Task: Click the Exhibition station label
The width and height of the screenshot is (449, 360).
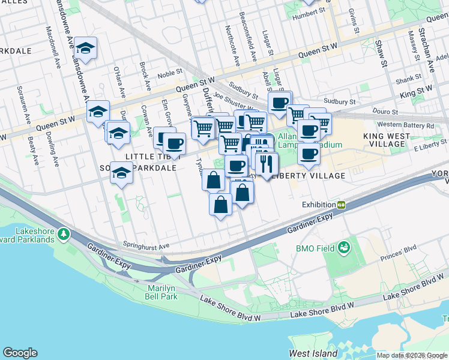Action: coord(318,205)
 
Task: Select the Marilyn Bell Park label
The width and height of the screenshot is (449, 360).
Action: coord(161,292)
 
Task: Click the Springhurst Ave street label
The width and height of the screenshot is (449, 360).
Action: coord(146,245)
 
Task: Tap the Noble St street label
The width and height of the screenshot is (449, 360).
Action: coord(170,75)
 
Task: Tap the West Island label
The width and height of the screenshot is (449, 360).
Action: coord(313,353)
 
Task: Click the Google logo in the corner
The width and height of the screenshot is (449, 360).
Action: coord(20,353)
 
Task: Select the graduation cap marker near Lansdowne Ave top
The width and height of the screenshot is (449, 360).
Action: coord(86,49)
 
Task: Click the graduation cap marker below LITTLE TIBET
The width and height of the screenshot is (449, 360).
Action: coord(121,174)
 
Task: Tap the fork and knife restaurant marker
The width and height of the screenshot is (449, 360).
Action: coord(266,163)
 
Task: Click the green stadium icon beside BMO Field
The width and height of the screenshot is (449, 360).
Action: coord(344,247)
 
